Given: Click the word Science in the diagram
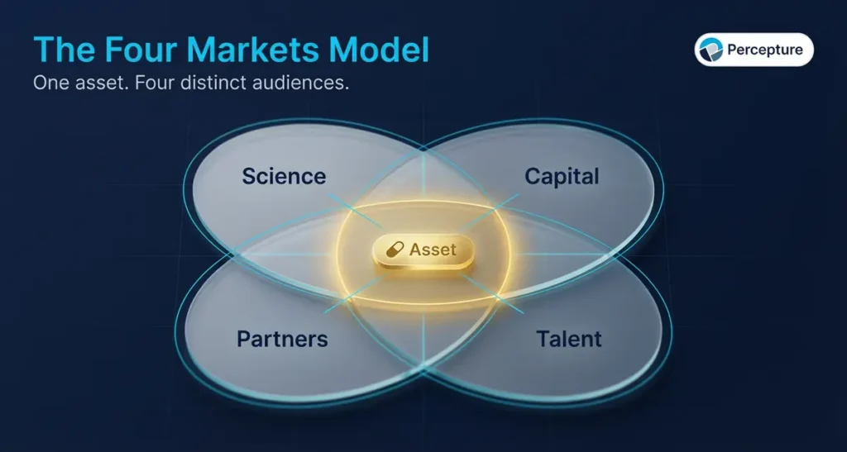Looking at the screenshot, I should (x=284, y=176).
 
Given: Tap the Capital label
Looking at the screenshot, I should (x=562, y=176).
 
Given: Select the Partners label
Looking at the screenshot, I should (x=282, y=339).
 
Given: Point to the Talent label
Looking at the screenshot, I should (x=568, y=339).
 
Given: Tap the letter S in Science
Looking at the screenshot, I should (x=249, y=176).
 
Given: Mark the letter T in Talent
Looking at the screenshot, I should (x=542, y=339).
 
